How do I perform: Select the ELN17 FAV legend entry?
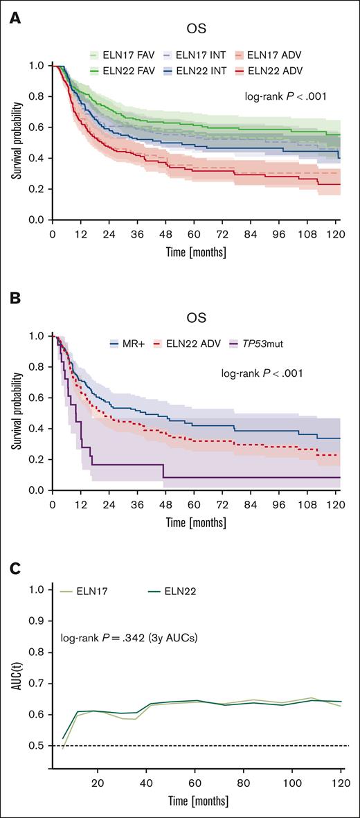tap(118, 54)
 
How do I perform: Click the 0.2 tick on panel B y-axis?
tap(37, 459)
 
